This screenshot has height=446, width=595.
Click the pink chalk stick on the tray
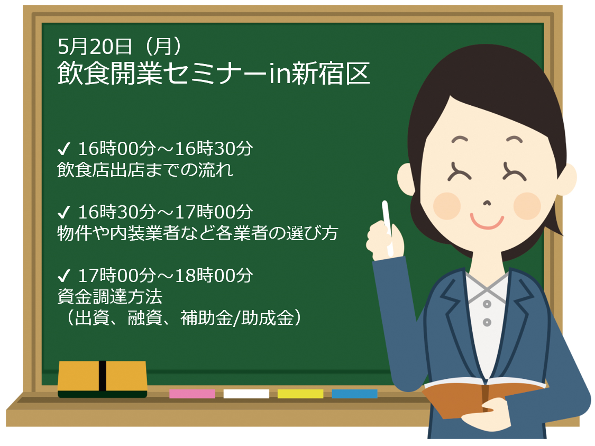coord(192,394)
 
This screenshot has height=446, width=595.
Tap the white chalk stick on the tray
coord(246,394)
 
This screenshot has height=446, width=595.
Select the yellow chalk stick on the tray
coord(300,394)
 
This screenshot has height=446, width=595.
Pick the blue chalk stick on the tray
coord(354,394)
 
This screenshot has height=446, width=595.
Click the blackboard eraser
coord(103,379)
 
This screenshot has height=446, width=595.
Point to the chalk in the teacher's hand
coord(388,227)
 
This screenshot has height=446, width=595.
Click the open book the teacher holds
coord(484,397)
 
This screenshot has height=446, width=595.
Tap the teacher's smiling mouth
coord(487,222)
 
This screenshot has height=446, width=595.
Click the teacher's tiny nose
coord(487,203)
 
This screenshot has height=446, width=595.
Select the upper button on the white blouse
coord(487,304)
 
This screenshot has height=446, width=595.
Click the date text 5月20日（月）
coord(121,47)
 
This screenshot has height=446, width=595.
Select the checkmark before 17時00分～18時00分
coord(64,276)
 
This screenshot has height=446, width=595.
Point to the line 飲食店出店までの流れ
coord(145,170)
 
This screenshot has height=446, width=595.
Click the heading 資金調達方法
coord(109,296)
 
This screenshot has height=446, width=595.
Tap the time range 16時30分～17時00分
coord(166,212)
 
